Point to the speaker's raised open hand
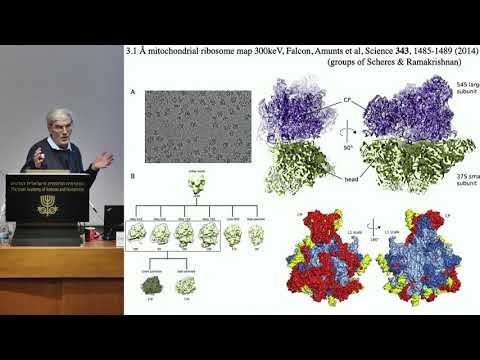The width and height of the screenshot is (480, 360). [x=103, y=159]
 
